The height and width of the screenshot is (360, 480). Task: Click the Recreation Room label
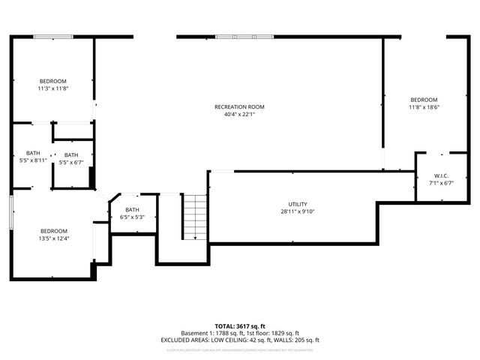coord(240,106)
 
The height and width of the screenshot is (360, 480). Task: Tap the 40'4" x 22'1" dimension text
coord(240,115)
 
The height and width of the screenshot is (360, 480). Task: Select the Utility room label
coord(298,204)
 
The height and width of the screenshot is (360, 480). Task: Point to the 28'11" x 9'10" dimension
coord(298,212)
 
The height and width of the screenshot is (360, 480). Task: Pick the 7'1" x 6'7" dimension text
coord(440,182)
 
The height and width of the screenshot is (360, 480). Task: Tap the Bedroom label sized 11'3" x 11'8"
coord(53,81)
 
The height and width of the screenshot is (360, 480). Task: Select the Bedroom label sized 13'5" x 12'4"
coord(53,230)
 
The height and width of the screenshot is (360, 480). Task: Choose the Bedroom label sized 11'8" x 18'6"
coord(424,100)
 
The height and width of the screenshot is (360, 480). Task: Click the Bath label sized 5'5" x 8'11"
coord(33,152)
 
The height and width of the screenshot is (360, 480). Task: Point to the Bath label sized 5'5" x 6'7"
coord(70,154)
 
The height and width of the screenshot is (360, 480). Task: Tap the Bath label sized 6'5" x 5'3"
coord(132,210)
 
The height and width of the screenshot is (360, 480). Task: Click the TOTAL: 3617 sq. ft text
coord(240,325)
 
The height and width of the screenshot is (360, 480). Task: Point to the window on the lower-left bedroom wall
coord(10,209)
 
